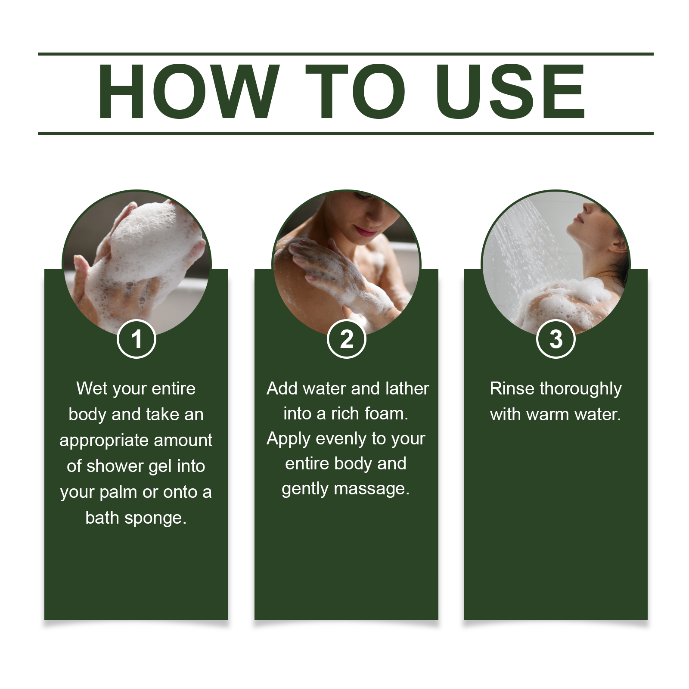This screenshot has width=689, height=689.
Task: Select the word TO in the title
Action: coord(356,91)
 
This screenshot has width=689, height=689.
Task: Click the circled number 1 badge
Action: coord(136,339)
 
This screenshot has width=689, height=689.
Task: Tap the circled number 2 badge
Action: coord(346,339)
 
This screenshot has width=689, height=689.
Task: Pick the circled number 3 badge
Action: coord(556,339)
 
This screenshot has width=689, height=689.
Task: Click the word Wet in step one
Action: coord(92,388)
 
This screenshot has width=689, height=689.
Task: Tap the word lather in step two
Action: coord(407,388)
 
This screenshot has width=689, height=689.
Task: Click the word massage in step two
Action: coord(371,489)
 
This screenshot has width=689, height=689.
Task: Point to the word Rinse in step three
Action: coord(512,388)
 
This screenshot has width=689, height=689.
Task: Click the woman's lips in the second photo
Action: coord(366,232)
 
